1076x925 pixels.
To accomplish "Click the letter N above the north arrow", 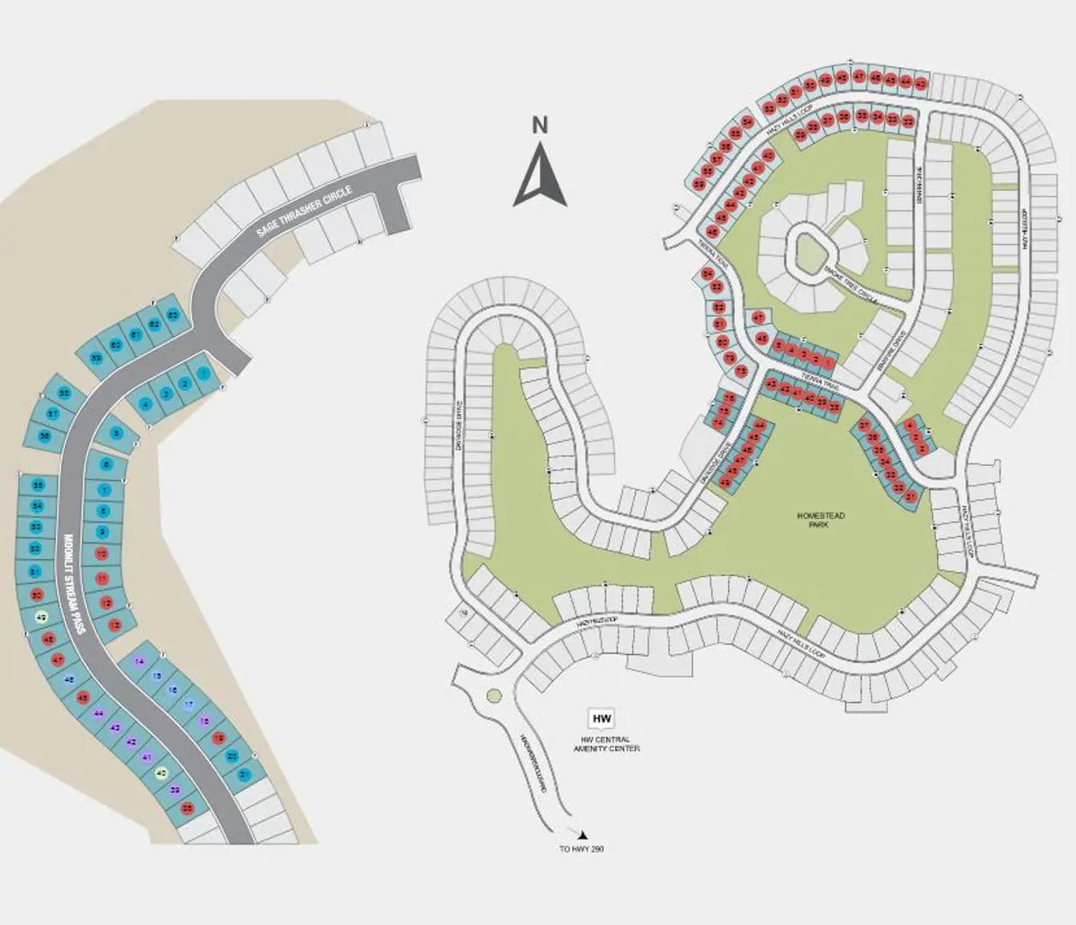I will coord(540,126).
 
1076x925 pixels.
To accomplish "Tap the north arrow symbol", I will coord(541,177).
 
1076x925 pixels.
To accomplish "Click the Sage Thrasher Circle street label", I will coord(304,210).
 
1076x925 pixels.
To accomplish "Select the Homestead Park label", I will coord(821,520).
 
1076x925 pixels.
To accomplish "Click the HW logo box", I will coord(602,718).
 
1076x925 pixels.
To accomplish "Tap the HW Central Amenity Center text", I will coord(607,743).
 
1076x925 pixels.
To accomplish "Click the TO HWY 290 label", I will coord(582,849).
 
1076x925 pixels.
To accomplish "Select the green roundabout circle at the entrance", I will coord(493,696).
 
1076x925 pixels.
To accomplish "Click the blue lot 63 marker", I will coord(172,315).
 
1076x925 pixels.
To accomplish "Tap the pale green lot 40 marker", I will coord(160,773).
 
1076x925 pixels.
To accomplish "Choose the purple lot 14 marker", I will coord(140,660).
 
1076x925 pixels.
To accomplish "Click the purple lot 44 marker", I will coord(99,713).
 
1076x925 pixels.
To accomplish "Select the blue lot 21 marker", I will coord(244,774).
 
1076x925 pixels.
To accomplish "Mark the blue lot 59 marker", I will coord(96,358).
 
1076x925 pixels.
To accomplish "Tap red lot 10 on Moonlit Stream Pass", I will coord(102,554).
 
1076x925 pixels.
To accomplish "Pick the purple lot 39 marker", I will coord(175,790).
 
